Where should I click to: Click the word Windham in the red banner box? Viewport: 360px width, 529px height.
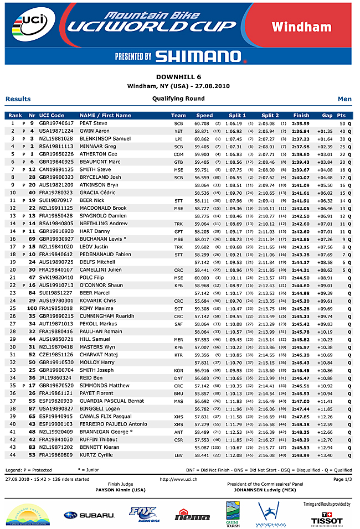309,27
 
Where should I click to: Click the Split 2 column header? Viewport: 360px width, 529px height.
270,115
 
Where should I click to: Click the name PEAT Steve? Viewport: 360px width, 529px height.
94,123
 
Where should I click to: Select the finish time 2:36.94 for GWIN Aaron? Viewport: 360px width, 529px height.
301,131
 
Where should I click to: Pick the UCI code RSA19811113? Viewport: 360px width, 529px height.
56,146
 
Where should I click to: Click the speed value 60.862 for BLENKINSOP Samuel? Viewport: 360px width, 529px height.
202,138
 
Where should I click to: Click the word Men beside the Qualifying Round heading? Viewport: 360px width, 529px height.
344,99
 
